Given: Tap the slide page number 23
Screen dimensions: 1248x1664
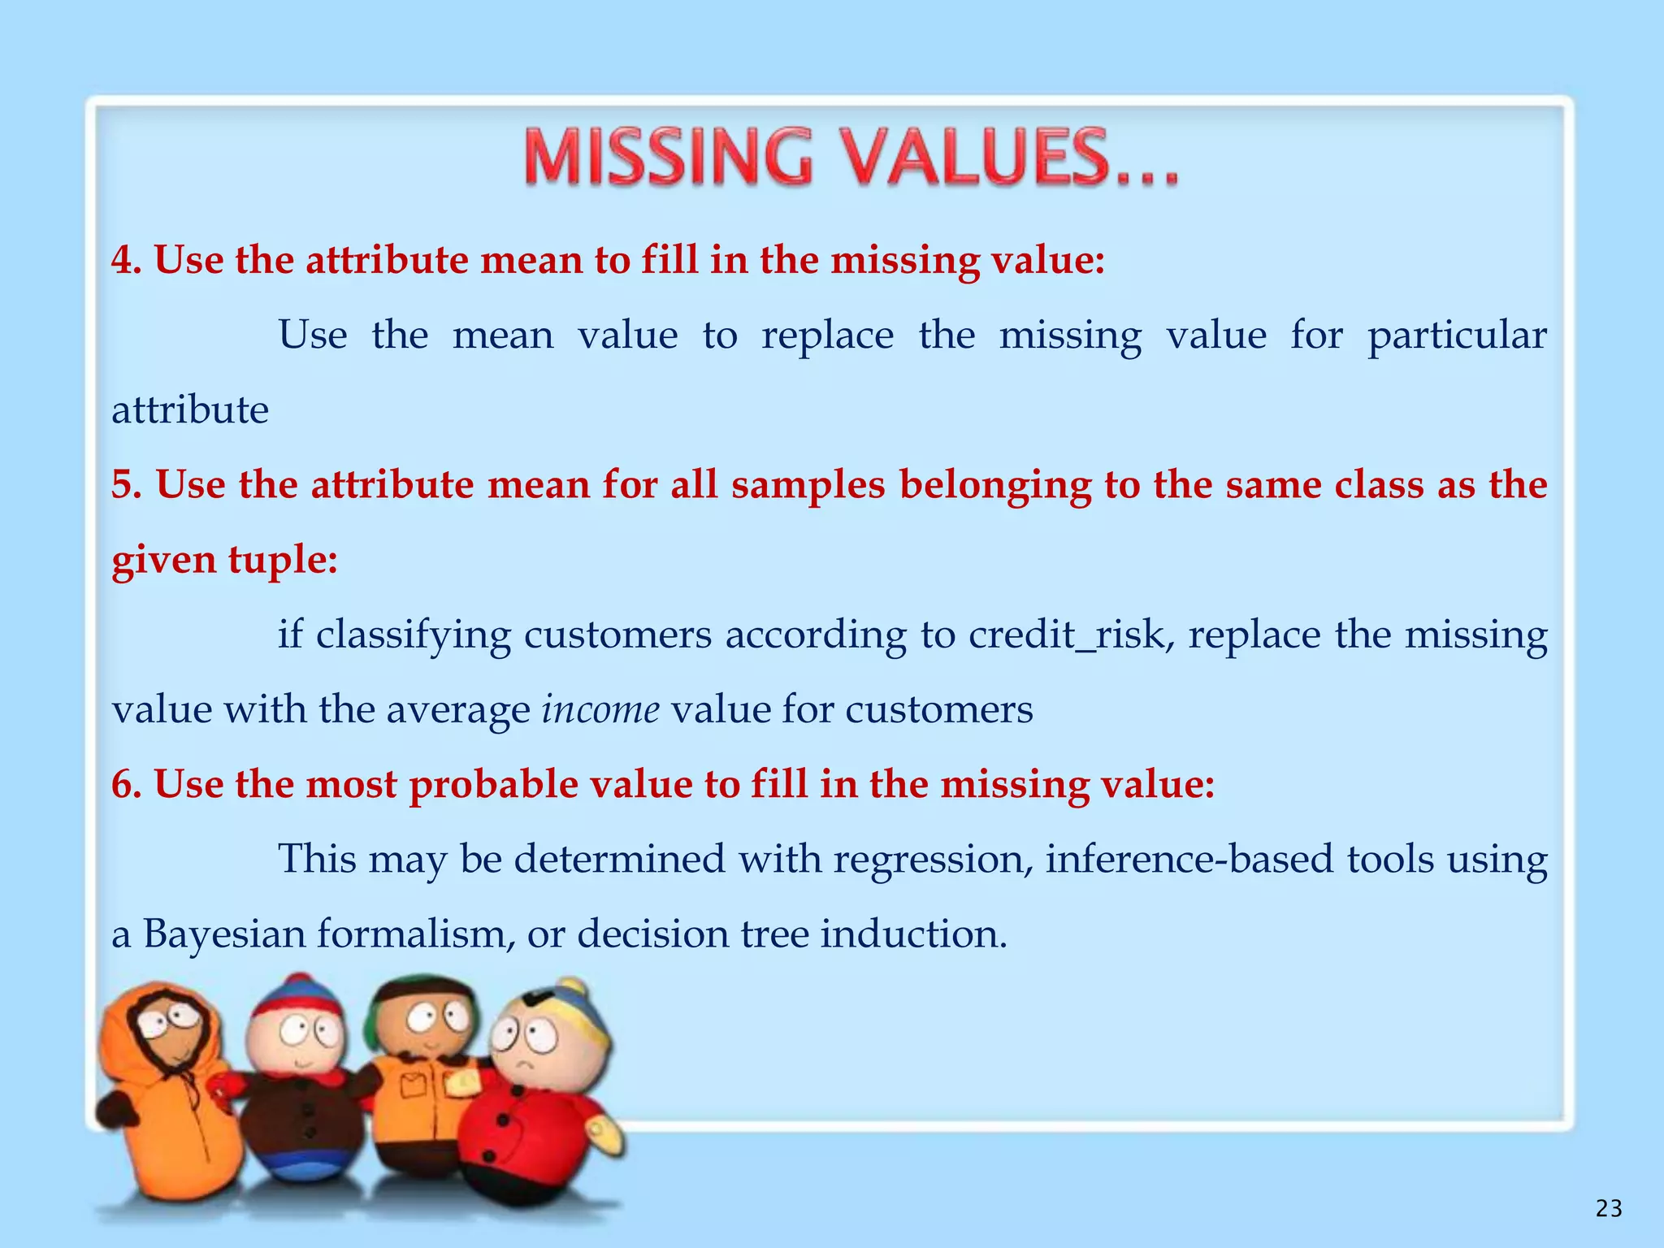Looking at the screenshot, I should tap(1608, 1209).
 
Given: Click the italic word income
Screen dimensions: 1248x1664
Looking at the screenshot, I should tap(600, 710).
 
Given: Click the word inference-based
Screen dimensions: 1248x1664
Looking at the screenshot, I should tap(1189, 860).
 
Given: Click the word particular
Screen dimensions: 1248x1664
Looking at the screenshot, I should tap(1457, 336).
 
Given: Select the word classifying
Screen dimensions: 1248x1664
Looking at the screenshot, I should tap(413, 635).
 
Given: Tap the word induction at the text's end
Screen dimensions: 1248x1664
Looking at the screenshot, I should tap(913, 934).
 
